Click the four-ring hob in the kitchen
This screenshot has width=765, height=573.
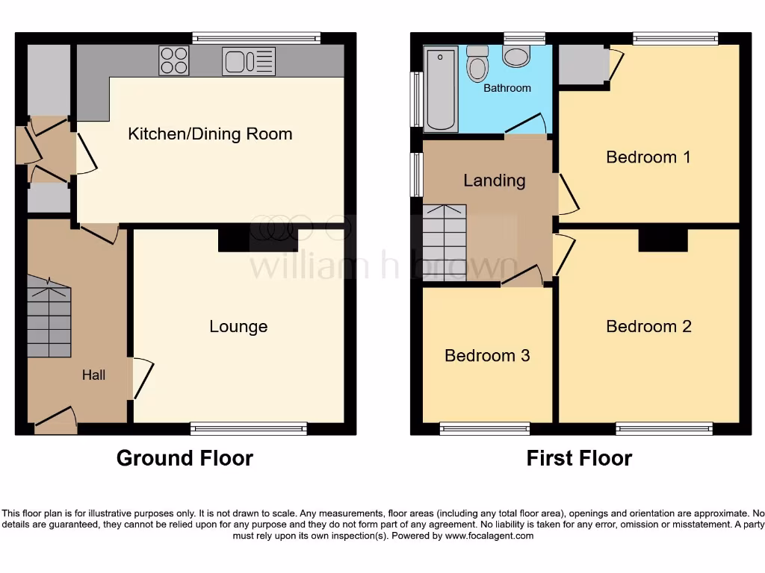(x=173, y=60)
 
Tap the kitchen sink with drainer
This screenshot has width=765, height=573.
(x=249, y=61)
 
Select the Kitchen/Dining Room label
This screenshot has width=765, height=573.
(x=210, y=134)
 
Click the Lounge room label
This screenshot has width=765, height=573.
(x=238, y=327)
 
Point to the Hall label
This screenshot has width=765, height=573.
(x=93, y=375)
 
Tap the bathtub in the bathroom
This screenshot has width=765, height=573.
(x=440, y=89)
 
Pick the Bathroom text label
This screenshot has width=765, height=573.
(x=507, y=88)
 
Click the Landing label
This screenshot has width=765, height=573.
(x=494, y=181)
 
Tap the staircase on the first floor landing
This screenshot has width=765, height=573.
(x=445, y=242)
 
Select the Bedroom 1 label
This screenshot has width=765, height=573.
(x=648, y=157)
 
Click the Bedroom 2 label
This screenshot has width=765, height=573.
(x=648, y=327)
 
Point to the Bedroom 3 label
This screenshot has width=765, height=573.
(x=487, y=356)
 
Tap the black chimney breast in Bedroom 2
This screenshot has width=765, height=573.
(x=663, y=239)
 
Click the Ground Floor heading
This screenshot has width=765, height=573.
(x=185, y=458)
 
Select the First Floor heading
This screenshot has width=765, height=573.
(x=579, y=458)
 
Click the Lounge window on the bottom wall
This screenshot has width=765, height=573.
(x=249, y=428)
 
